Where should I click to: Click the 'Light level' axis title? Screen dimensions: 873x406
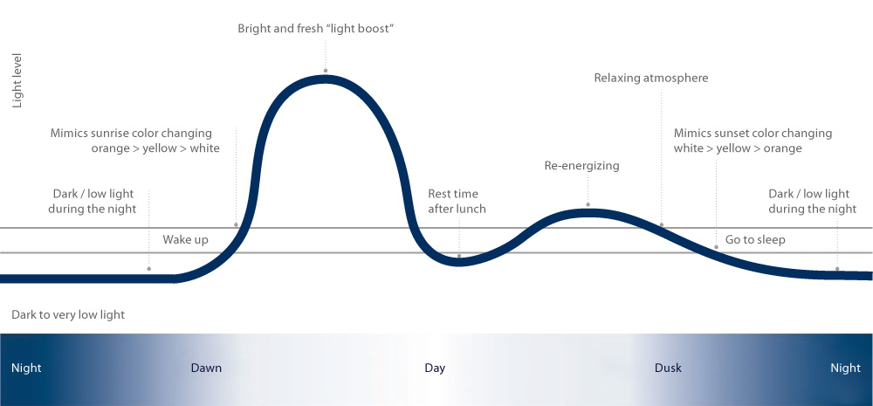pos(17,80)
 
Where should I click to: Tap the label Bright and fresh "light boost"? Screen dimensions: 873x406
pos(316,29)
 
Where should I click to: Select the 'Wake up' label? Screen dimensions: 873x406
pos(185,239)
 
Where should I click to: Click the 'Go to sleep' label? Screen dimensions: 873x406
pos(755,239)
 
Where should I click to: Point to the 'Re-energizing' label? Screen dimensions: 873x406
pos(581,165)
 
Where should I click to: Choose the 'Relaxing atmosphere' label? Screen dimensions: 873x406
pos(651,78)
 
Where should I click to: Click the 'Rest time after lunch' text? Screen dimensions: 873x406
pos(457,201)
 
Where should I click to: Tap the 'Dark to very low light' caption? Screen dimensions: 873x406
pos(68,314)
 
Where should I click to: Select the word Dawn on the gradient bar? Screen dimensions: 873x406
pos(206,368)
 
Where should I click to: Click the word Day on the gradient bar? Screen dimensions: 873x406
pos(435,368)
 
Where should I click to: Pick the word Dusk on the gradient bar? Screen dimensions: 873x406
pos(668,368)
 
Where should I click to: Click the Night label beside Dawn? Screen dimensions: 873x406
pos(26,368)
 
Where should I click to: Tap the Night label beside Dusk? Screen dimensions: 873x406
pos(845,368)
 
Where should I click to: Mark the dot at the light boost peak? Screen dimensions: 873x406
pos(325,72)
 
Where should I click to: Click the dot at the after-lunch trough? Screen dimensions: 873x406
pos(459,256)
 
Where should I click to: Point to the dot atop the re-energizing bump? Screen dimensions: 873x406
pos(588,205)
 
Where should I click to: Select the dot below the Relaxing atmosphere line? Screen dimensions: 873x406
pos(662,225)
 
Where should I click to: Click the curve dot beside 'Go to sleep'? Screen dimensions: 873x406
pos(716,247)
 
